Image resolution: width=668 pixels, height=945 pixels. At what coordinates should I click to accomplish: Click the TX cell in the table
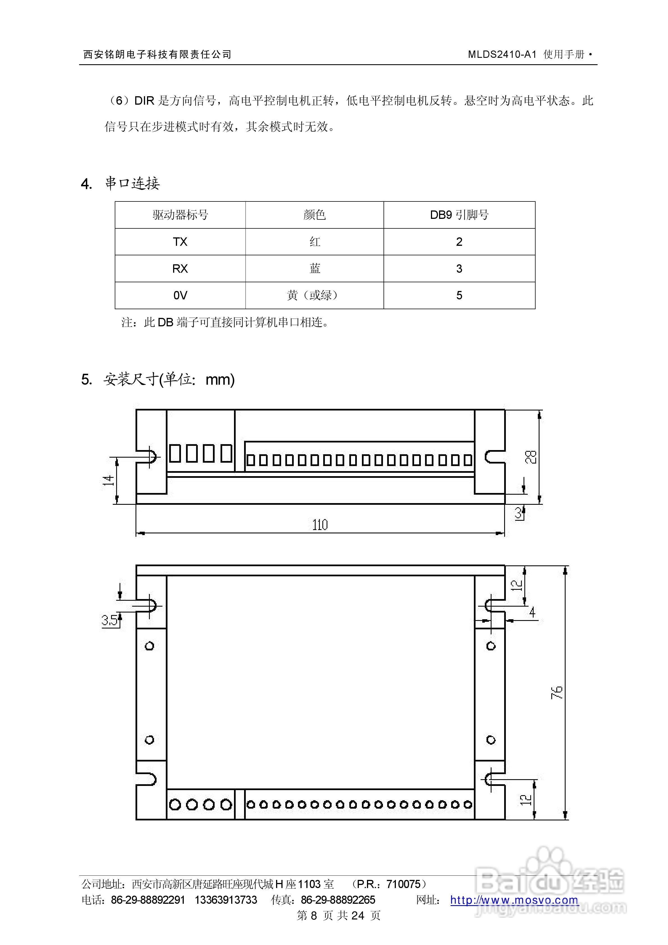(180, 242)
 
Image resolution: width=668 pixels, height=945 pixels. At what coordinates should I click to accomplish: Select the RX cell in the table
(180, 268)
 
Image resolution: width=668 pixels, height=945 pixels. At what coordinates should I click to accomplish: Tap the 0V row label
(180, 295)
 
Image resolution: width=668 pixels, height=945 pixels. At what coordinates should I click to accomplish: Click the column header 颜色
(315, 214)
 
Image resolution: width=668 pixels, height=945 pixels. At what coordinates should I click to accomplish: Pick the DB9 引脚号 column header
(459, 214)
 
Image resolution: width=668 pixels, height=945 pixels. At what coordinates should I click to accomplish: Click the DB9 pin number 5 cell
(459, 295)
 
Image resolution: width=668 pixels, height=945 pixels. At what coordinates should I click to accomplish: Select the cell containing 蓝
(315, 268)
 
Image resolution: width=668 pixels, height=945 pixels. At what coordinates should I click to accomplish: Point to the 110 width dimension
(320, 525)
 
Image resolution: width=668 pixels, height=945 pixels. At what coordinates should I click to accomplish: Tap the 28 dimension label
(531, 457)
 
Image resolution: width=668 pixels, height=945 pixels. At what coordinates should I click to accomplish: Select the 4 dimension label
(532, 612)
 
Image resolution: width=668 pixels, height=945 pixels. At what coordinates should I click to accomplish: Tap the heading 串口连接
(132, 183)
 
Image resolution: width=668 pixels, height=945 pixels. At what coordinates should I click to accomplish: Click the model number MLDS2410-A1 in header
(502, 54)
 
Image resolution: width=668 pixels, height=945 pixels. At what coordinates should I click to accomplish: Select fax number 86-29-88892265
(338, 900)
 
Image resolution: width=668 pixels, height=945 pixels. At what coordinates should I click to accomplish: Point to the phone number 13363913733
(226, 900)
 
